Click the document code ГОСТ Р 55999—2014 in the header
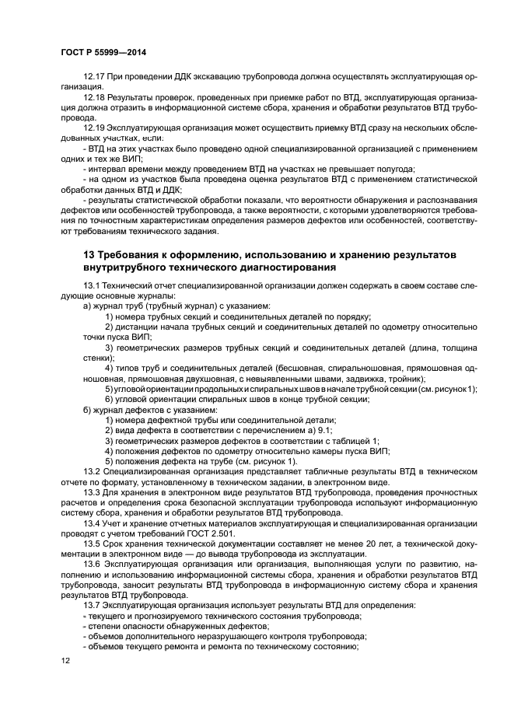click(103, 52)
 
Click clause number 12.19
click(93, 126)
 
